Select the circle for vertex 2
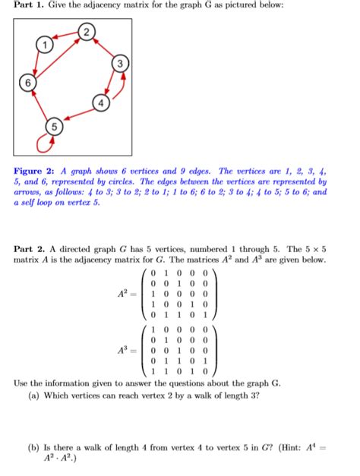tap(88, 32)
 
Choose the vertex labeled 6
tap(28, 82)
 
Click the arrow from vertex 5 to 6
tap(39, 105)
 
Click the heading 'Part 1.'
tap(29, 6)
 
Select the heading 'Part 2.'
tap(29, 248)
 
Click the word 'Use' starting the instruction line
tap(22, 383)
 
